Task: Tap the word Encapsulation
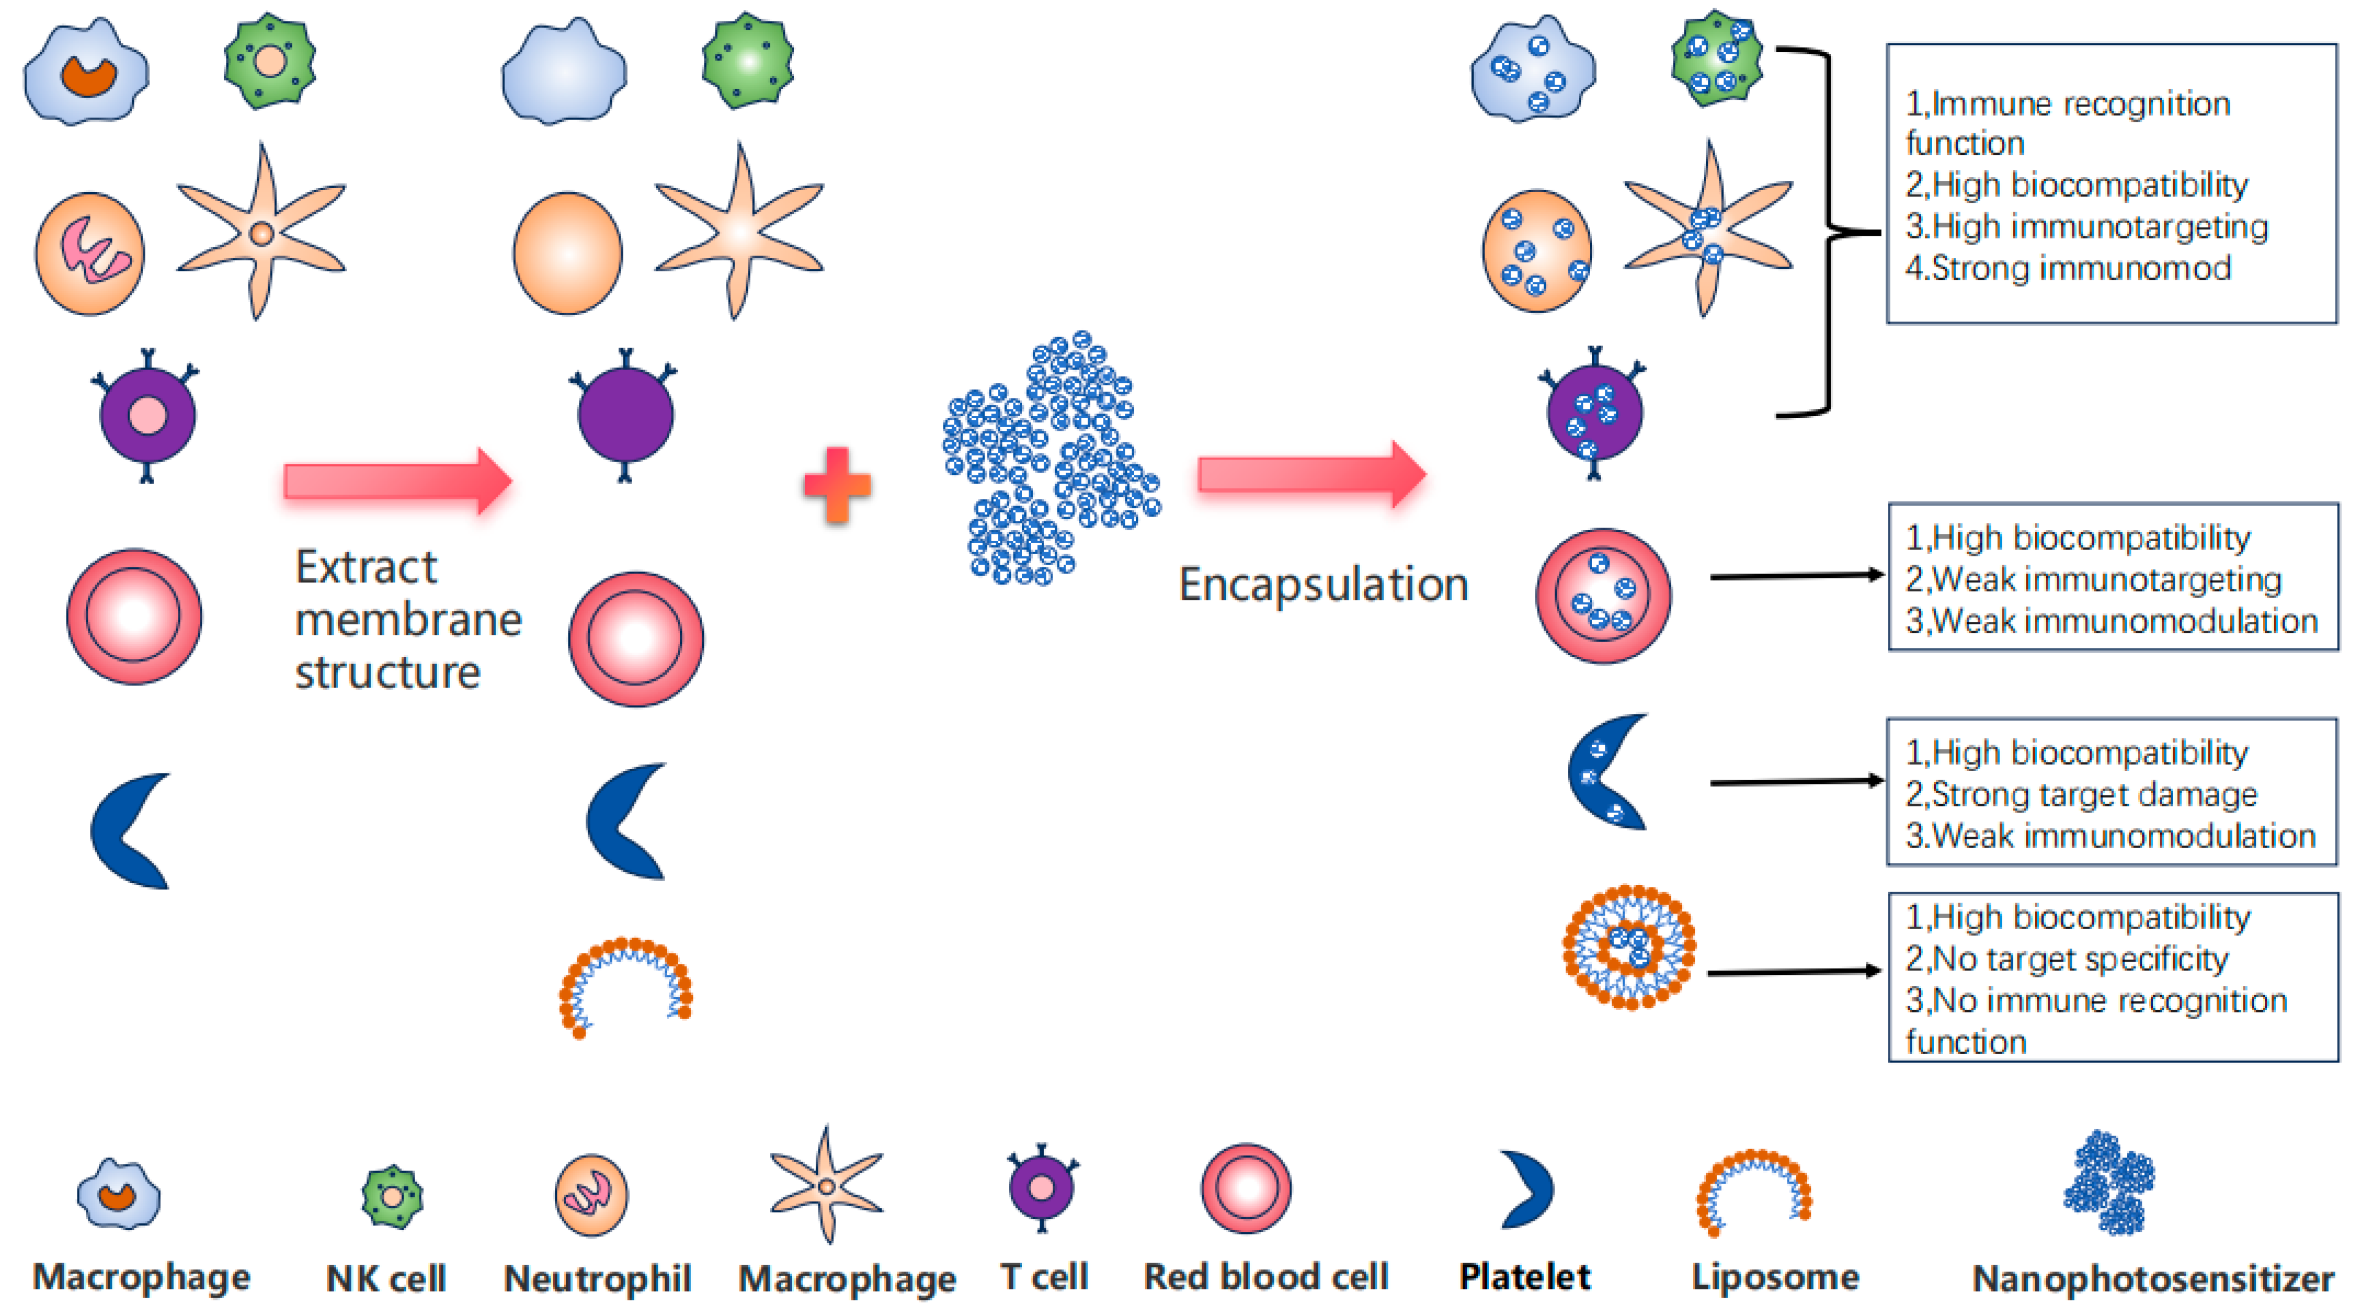pyautogui.click(x=1323, y=584)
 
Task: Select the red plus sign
pyautogui.click(x=837, y=485)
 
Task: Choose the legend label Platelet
pyautogui.click(x=1524, y=1276)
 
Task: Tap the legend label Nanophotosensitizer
pyautogui.click(x=2152, y=1278)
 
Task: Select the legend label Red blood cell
pyautogui.click(x=1266, y=1276)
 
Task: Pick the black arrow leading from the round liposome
pyautogui.click(x=1794, y=972)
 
